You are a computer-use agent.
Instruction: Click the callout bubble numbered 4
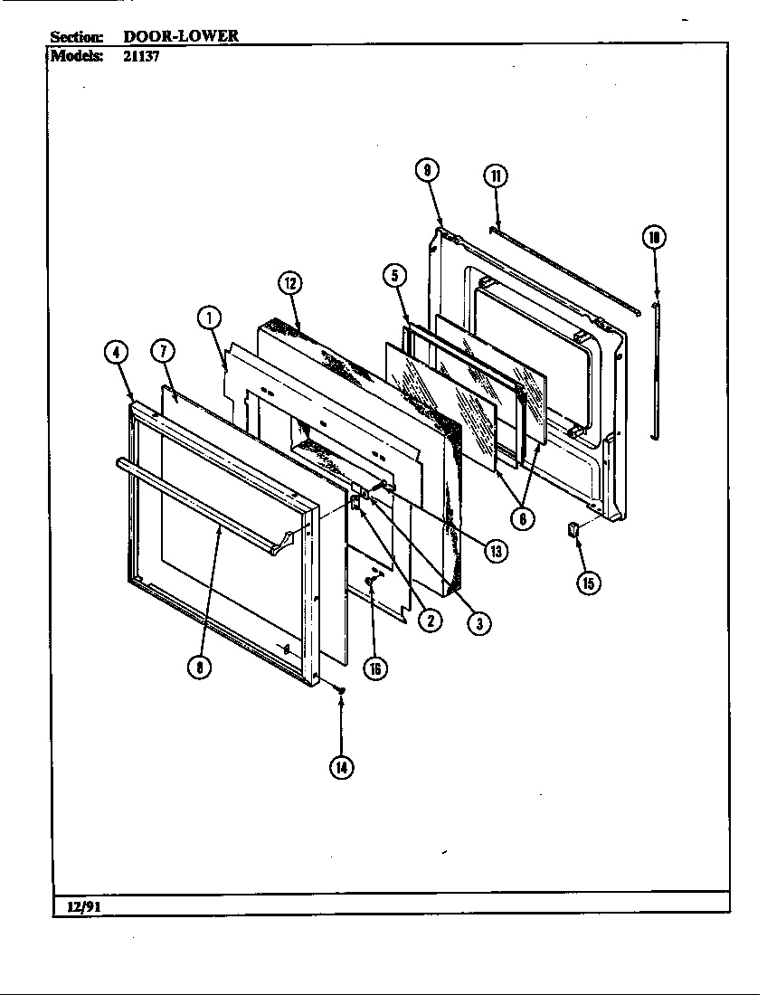(x=116, y=354)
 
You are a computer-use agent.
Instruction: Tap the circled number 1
(x=209, y=317)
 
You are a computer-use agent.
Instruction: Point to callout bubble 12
(x=289, y=283)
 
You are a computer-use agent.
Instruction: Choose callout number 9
(x=427, y=170)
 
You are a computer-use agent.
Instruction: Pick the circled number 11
(x=496, y=175)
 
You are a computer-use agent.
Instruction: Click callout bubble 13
(x=495, y=549)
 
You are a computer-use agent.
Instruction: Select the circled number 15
(x=588, y=582)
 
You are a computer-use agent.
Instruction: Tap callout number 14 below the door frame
(x=341, y=767)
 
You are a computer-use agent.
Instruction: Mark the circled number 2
(x=430, y=621)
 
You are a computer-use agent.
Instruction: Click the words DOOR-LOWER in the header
(x=181, y=36)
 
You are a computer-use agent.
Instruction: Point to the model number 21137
(x=141, y=54)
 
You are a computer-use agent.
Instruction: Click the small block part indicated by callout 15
(x=572, y=529)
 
